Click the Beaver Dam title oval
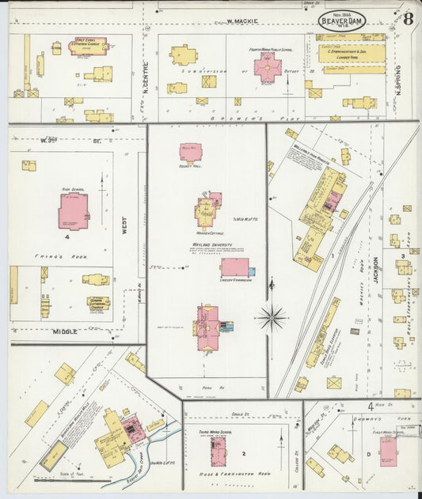click(x=342, y=21)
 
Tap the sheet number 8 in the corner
click(x=406, y=18)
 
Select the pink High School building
click(x=73, y=211)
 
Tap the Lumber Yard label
click(x=345, y=58)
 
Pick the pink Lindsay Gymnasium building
click(x=234, y=267)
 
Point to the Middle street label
click(x=65, y=332)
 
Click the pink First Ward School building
click(x=388, y=451)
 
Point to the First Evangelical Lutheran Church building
click(x=87, y=46)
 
